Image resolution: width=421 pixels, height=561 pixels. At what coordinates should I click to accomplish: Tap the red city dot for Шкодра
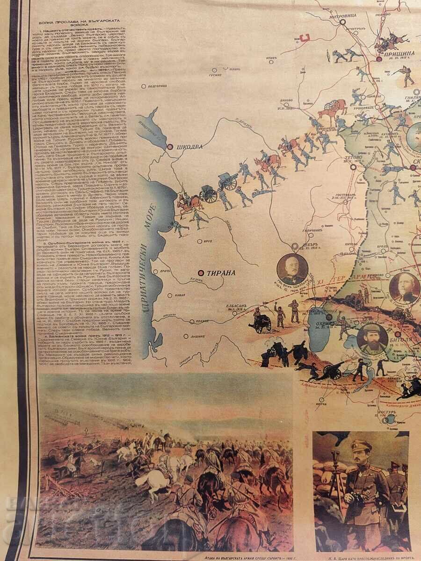(x=170, y=147)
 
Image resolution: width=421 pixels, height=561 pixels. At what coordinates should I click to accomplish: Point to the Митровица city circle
(x=343, y=22)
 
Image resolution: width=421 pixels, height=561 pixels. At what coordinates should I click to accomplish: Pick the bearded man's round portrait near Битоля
(x=372, y=338)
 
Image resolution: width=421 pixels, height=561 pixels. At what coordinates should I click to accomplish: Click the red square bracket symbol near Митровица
(x=305, y=39)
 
